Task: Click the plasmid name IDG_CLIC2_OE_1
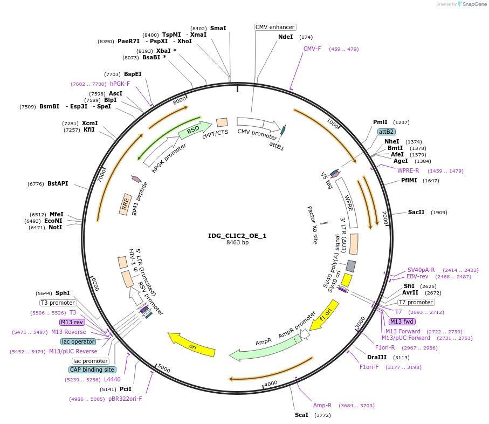click(237, 236)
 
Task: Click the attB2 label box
click(387, 132)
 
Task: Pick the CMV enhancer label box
click(275, 27)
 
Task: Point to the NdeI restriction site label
click(285, 37)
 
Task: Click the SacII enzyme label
click(416, 212)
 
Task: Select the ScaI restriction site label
click(301, 415)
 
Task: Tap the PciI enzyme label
click(125, 389)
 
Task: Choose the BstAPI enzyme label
click(58, 184)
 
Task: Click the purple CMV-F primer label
click(312, 49)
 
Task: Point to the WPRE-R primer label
click(408, 170)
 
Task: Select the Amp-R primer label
click(322, 405)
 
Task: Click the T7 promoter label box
click(416, 302)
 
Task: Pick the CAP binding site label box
click(92, 370)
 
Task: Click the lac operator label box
click(78, 341)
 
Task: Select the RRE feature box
click(126, 204)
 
